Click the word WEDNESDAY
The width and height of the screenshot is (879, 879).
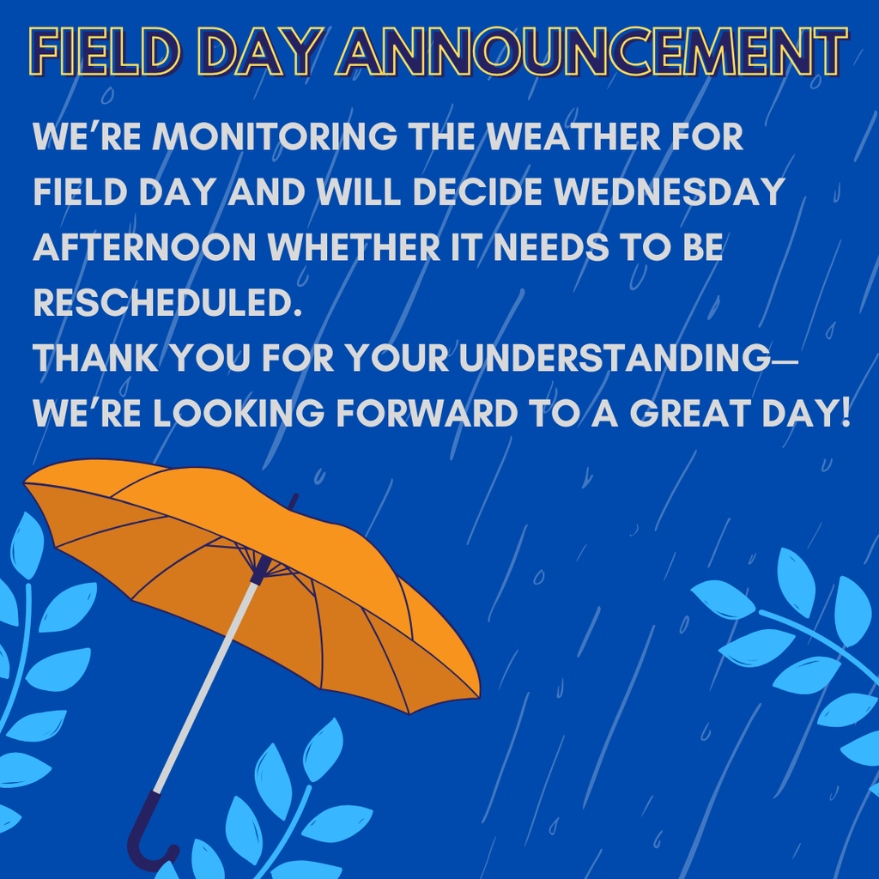(x=670, y=192)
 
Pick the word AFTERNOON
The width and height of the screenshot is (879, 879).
(x=145, y=248)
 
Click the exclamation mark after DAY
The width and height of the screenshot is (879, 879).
(x=843, y=414)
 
